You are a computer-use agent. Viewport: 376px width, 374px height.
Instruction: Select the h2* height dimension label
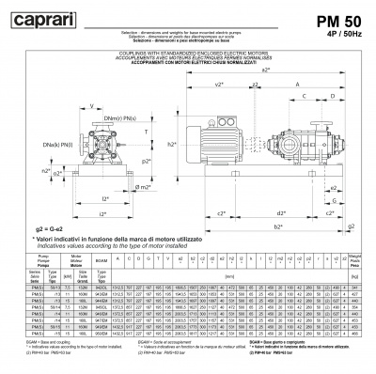pos(172,147)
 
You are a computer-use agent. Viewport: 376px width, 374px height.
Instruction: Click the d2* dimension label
pos(282,199)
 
